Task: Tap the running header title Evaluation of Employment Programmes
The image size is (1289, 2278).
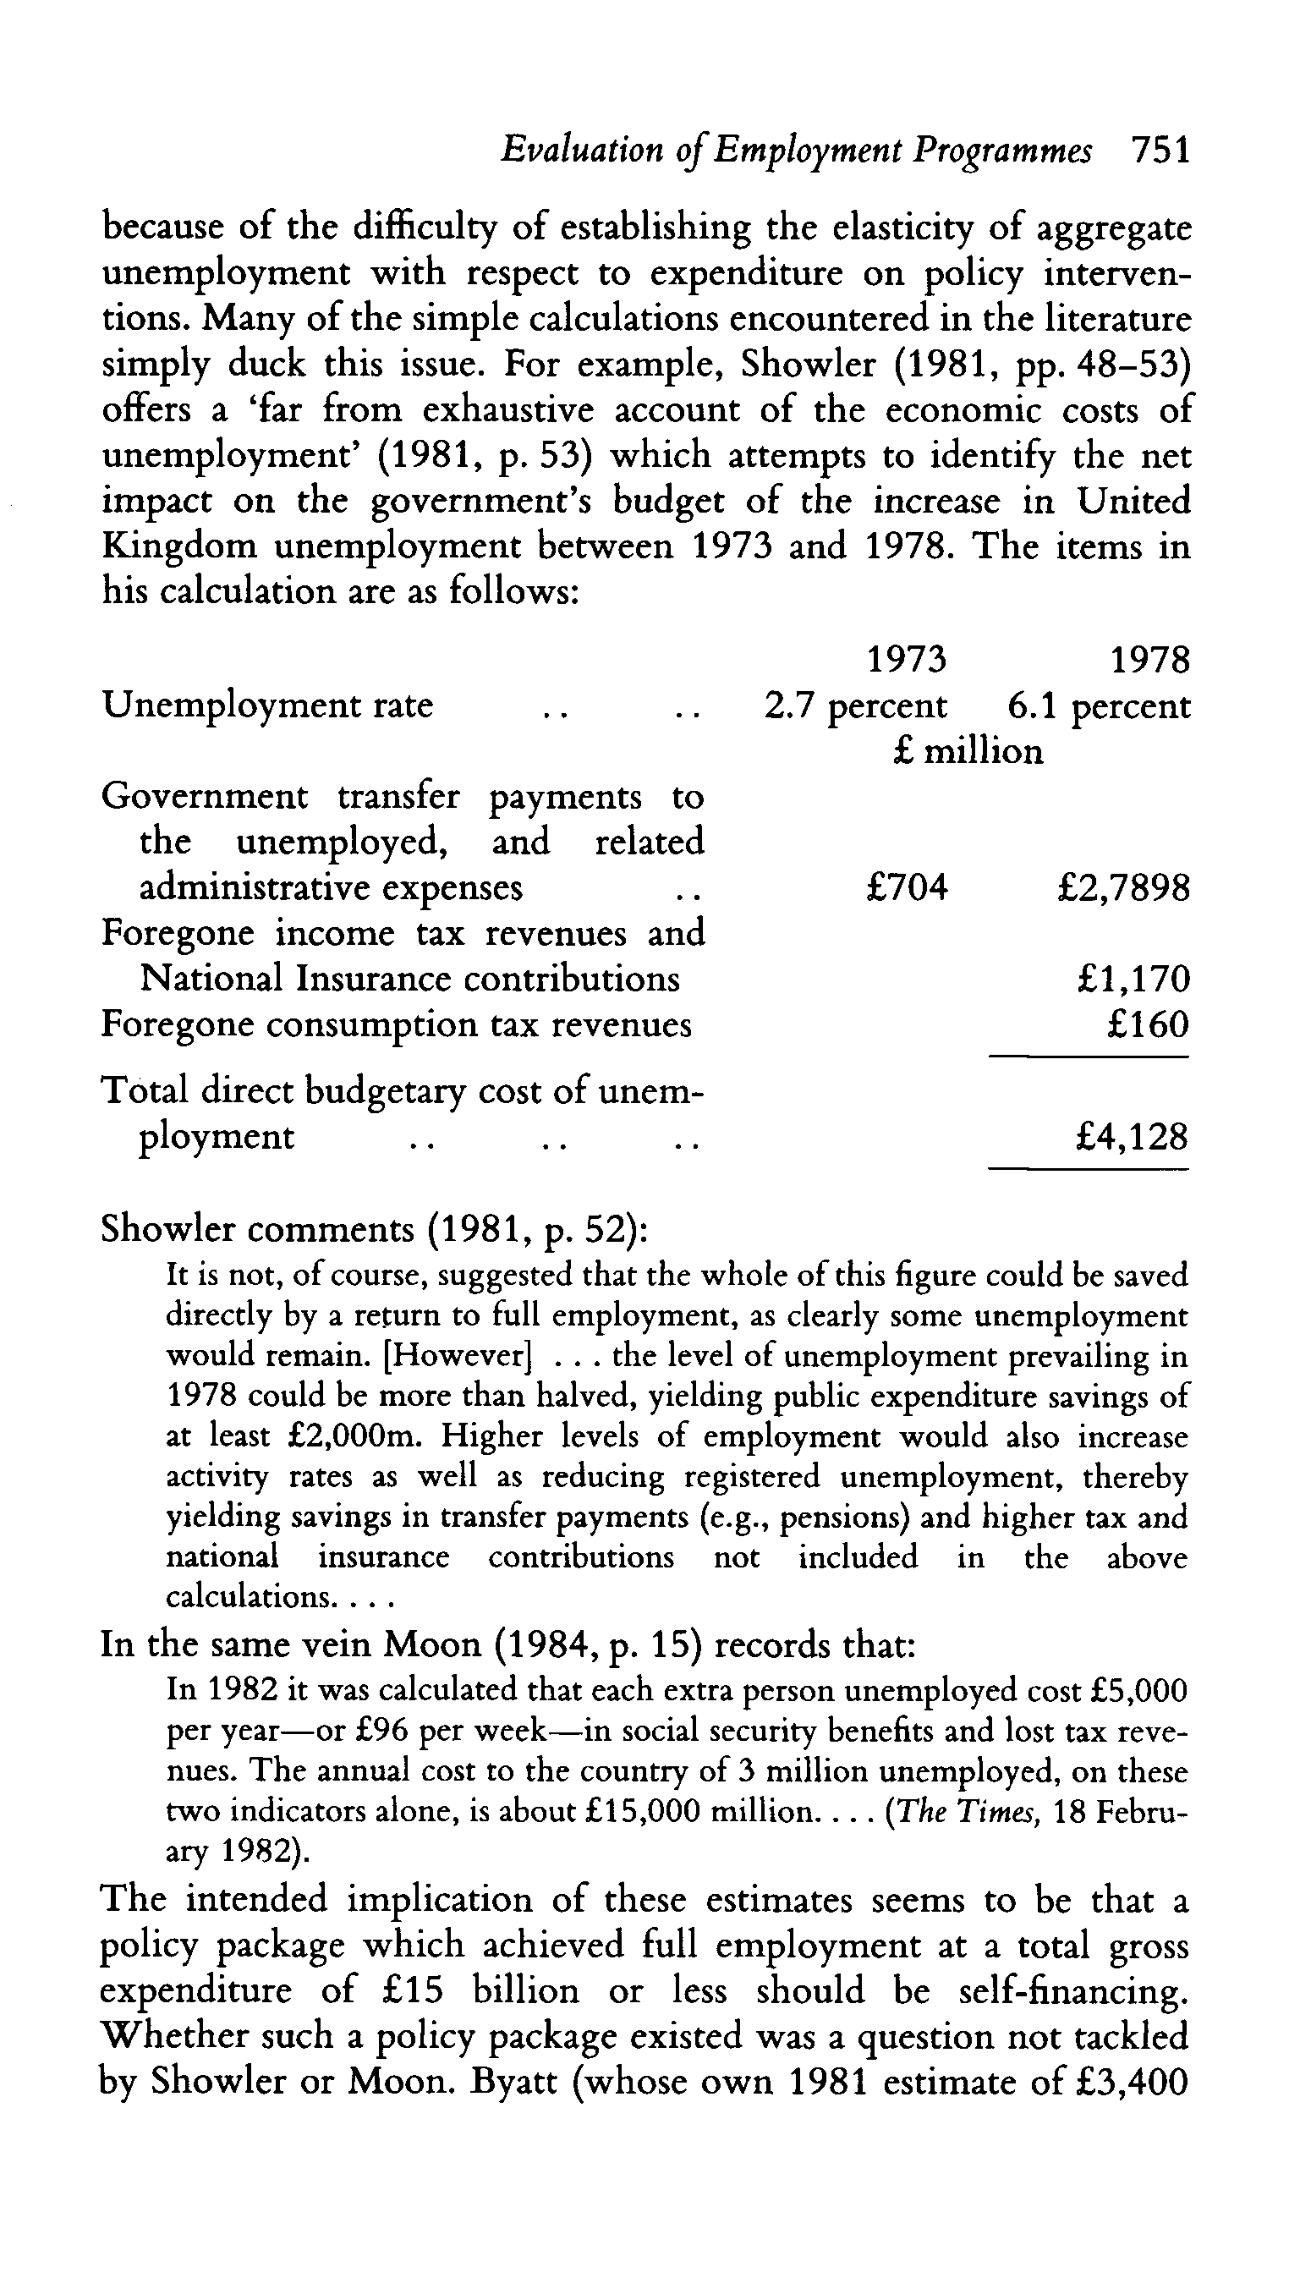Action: point(796,151)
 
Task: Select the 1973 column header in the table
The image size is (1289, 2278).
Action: point(906,660)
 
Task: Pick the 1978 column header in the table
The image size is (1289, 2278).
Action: point(1150,660)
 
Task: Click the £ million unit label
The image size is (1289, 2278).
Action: point(968,752)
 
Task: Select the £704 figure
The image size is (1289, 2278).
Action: point(907,887)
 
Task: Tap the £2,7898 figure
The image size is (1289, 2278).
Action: point(1123,887)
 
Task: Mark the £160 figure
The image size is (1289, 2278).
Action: point(1148,1024)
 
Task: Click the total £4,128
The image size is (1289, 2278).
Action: point(1132,1137)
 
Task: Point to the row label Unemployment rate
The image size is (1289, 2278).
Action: point(267,705)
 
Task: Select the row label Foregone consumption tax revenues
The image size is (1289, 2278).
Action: point(397,1024)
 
